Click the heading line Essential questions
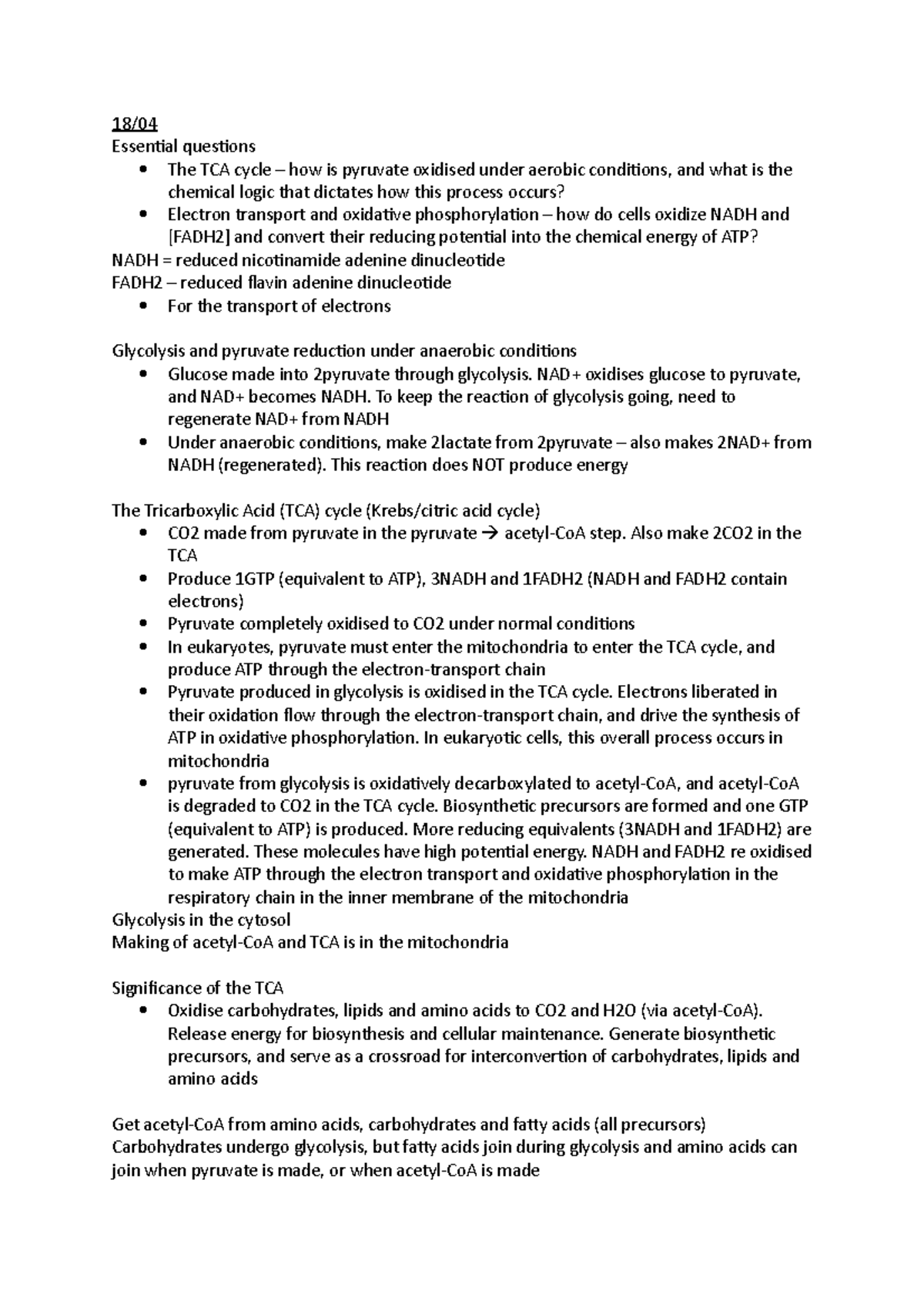click(183, 146)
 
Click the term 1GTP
click(253, 579)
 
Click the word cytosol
click(263, 920)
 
